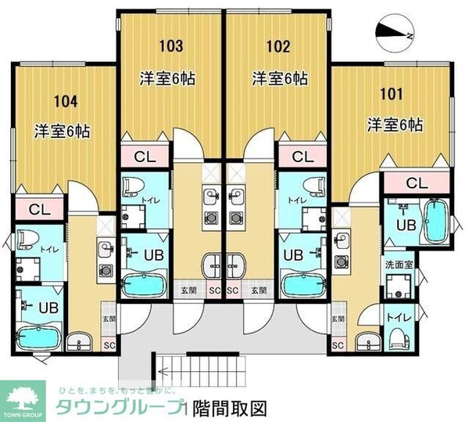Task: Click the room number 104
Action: coord(67,101)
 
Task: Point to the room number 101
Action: coord(391,95)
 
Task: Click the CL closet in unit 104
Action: coord(36,209)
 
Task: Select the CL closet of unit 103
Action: coord(144,157)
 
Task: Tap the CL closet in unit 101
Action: coord(417,183)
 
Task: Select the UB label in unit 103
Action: coord(152,254)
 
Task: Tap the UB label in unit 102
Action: coord(293,254)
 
